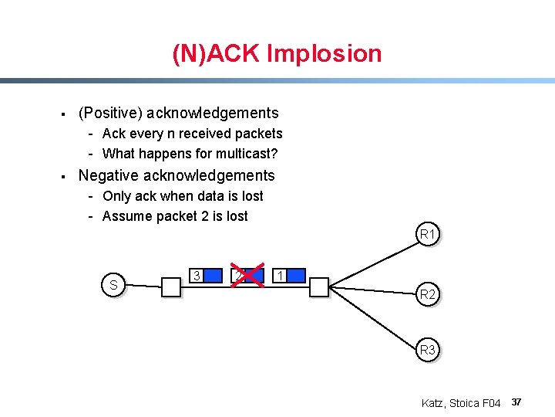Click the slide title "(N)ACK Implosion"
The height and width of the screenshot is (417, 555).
[277, 53]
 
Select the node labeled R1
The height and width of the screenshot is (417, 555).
[426, 233]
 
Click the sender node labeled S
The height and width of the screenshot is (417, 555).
[113, 285]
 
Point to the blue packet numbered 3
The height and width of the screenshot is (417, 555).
[205, 276]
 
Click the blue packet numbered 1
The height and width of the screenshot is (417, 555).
[290, 276]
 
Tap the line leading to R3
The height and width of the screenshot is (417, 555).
[374, 320]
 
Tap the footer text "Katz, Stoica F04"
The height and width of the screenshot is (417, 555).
[461, 403]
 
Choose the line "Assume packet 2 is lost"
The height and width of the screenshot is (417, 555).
[175, 216]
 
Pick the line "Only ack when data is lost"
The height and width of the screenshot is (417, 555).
[183, 196]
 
